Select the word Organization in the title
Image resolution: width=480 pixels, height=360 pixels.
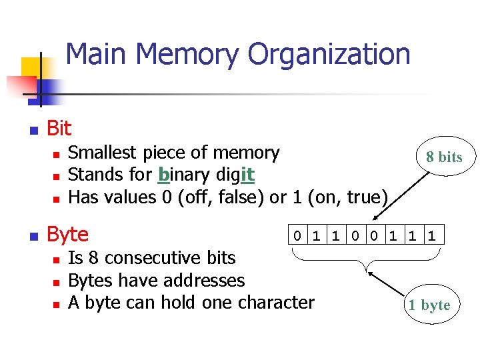[x=329, y=55]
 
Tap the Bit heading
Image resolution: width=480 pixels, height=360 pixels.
[x=59, y=128]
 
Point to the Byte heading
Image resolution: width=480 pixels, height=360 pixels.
[x=67, y=235]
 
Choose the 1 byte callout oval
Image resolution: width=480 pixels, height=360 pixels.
[x=429, y=305]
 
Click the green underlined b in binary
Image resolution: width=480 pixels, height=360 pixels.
[x=163, y=175]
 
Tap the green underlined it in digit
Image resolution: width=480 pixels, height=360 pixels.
[x=246, y=175]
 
